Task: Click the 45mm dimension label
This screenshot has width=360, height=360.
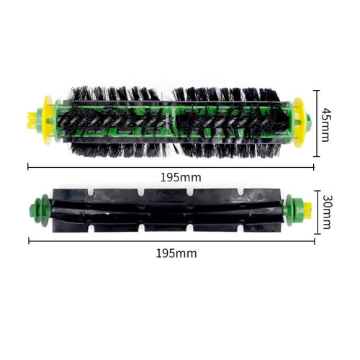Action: click(x=326, y=125)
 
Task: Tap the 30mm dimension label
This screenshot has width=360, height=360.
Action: click(x=327, y=212)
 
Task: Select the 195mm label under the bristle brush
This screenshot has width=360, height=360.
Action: click(x=181, y=178)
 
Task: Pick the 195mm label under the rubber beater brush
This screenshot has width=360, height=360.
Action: click(x=176, y=253)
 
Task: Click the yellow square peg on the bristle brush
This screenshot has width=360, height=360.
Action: click(x=32, y=120)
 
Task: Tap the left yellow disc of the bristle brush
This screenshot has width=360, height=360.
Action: click(x=48, y=120)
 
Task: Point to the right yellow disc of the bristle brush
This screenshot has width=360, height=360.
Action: click(x=299, y=122)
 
